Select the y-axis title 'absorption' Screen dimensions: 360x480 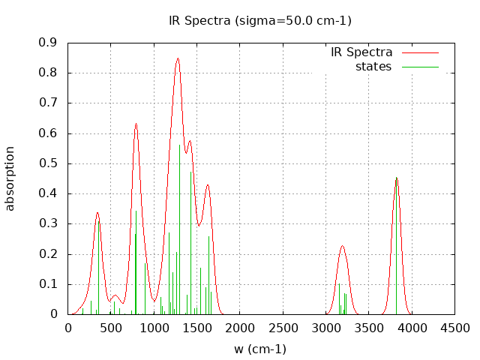[10, 178]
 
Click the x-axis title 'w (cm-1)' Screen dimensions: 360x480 [260, 349]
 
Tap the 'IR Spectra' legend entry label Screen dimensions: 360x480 [361, 52]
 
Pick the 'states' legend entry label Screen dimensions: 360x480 [373, 67]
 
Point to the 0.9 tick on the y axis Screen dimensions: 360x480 [48, 43]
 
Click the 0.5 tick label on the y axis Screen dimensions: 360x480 [48, 163]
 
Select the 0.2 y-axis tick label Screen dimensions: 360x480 [48, 254]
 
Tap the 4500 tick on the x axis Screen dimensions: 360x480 [454, 328]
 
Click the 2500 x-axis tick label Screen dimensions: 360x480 [283, 328]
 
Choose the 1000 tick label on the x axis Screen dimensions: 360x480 [154, 328]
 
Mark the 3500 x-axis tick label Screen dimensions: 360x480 [369, 328]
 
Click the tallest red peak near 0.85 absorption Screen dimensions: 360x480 [178, 58]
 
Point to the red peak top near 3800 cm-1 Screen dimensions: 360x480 [397, 178]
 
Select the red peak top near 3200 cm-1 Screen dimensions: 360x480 [342, 246]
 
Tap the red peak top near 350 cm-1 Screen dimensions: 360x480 [97, 213]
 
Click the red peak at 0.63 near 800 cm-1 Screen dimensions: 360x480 [136, 124]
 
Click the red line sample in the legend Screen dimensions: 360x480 [420, 52]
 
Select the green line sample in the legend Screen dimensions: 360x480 [420, 67]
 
